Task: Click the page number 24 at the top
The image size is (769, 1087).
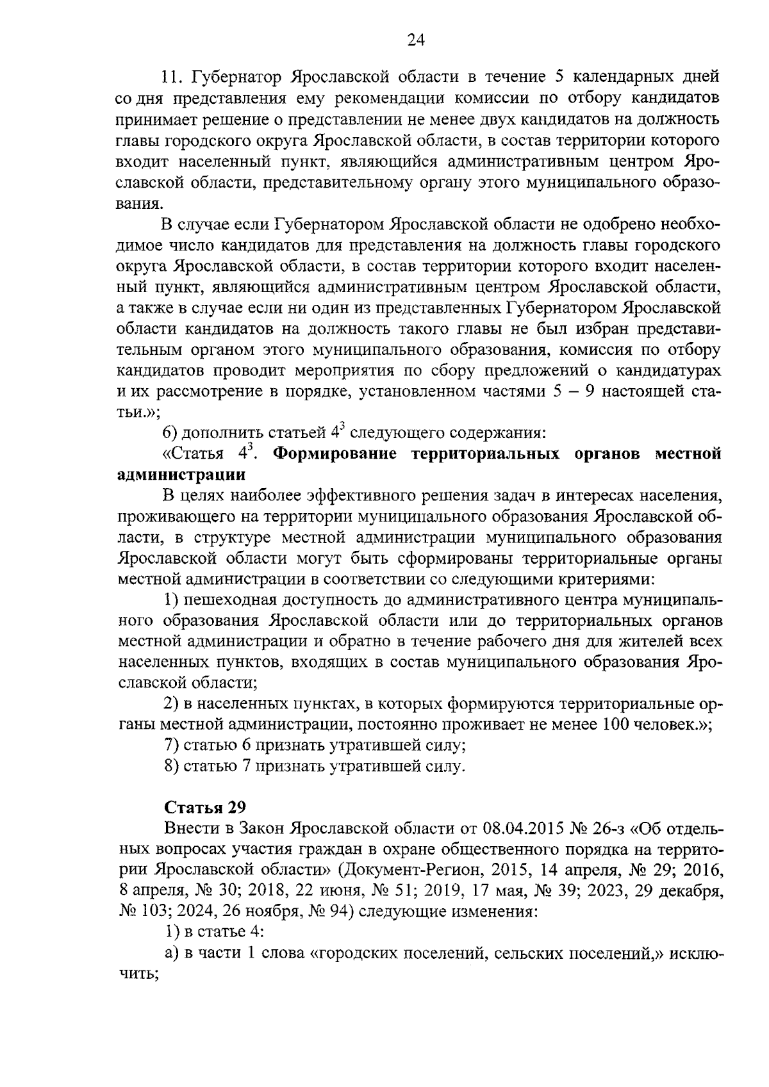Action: click(415, 40)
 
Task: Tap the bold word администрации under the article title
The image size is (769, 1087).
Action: click(182, 475)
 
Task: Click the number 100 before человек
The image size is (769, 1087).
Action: click(616, 724)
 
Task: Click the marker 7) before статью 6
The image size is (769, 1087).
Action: click(171, 745)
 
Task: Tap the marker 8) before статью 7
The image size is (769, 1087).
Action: click(171, 766)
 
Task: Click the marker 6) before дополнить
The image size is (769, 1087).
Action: click(171, 433)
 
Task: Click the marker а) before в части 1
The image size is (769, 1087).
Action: click(171, 953)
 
